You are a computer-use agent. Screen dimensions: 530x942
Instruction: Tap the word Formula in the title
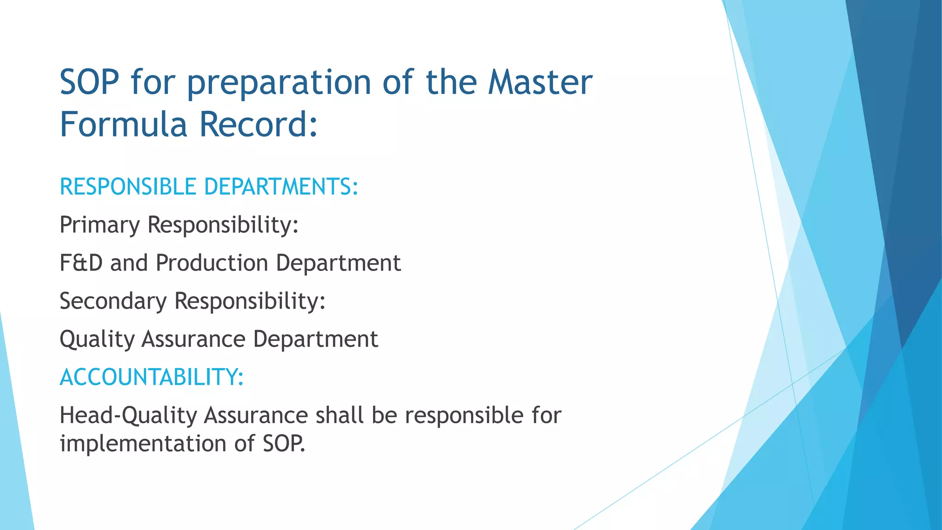(x=123, y=124)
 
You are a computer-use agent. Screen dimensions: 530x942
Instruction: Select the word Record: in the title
(x=258, y=124)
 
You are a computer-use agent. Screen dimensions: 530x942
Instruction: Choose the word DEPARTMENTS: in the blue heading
(x=281, y=187)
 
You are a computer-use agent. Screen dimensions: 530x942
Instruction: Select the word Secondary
(x=113, y=301)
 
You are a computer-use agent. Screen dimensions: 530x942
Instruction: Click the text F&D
(x=81, y=263)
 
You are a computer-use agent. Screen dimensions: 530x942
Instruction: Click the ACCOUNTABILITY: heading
(x=151, y=377)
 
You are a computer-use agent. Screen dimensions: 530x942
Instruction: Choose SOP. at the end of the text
(x=284, y=444)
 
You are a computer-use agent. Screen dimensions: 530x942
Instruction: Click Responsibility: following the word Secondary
(x=250, y=301)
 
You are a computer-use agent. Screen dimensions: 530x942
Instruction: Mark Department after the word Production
(x=338, y=264)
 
